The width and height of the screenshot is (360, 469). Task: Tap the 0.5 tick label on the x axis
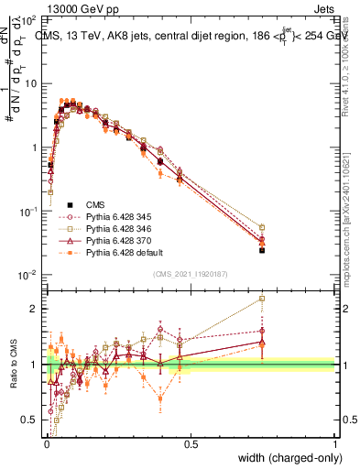coord(191,443)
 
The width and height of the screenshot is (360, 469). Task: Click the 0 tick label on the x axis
coord(46,443)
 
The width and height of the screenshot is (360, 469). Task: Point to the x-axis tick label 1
coord(335,443)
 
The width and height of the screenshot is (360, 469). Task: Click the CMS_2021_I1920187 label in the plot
coord(191,272)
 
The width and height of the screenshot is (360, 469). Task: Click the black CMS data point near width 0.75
coord(262,249)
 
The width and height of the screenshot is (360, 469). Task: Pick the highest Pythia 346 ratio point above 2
coord(262,298)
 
